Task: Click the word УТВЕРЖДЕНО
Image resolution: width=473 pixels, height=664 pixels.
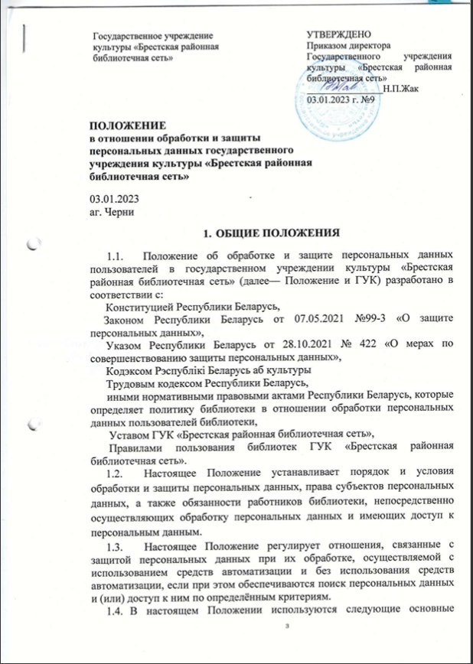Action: (339, 35)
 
